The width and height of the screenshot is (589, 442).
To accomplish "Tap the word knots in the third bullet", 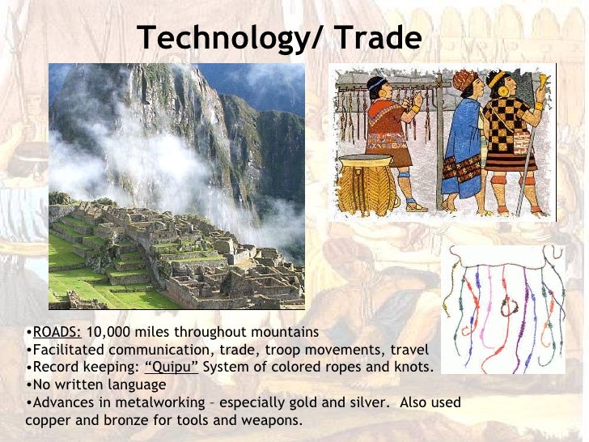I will (x=414, y=368).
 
